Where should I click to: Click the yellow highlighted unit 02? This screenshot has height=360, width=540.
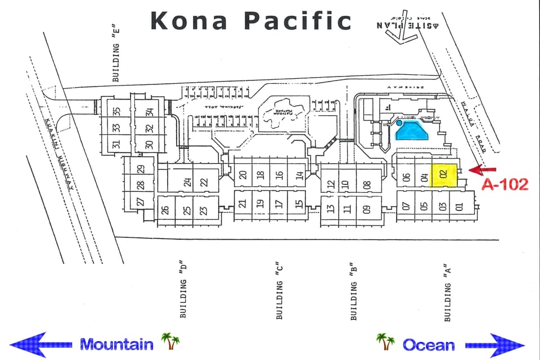click(x=443, y=175)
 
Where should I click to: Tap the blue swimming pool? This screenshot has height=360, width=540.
click(x=413, y=130)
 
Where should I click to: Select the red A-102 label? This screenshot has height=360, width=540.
click(x=505, y=183)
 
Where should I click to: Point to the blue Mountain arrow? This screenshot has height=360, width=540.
click(x=40, y=344)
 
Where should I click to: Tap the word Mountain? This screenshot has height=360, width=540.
click(x=116, y=344)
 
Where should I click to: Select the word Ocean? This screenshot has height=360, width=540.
click(x=428, y=344)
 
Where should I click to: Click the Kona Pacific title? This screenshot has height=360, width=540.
click(x=251, y=21)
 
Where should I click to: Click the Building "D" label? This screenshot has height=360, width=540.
click(x=182, y=290)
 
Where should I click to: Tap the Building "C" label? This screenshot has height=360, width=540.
click(x=279, y=291)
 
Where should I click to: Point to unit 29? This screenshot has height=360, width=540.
click(x=141, y=168)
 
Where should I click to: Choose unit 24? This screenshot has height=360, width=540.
click(x=187, y=182)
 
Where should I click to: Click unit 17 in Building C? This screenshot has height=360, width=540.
click(x=279, y=204)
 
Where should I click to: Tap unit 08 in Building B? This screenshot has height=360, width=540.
click(x=367, y=184)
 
